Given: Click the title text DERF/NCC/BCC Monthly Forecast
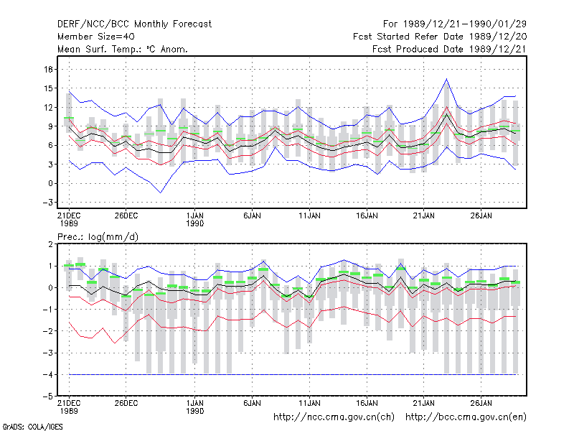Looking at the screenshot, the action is point(134,24).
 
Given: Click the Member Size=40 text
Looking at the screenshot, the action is point(96,37).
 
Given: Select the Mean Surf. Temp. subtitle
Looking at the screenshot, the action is point(123,49).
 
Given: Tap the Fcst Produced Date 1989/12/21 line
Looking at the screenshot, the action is point(449,49).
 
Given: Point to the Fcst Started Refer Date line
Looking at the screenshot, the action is point(440,37).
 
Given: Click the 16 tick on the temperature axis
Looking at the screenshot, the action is point(48,69).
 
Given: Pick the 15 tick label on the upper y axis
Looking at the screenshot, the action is point(48,88).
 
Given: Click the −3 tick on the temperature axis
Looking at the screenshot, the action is point(47,203).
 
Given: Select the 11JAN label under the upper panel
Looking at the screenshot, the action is point(310,215).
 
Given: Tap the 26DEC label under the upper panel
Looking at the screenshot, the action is point(126,215).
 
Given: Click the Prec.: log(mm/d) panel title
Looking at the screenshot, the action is point(98,237).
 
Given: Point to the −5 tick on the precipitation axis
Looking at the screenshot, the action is point(47,397).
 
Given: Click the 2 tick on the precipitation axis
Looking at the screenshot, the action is point(50,244).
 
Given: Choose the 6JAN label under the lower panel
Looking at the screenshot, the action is point(253,403).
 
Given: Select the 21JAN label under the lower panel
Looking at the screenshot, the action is point(424,403).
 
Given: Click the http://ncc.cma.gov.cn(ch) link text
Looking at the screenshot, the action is point(334,417).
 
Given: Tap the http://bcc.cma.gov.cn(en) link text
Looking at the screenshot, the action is point(466,417).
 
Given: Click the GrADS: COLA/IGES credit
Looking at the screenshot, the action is point(32,427).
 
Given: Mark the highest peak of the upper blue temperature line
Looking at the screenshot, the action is point(446,79).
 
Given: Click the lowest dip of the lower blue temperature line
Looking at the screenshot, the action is point(160,193).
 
